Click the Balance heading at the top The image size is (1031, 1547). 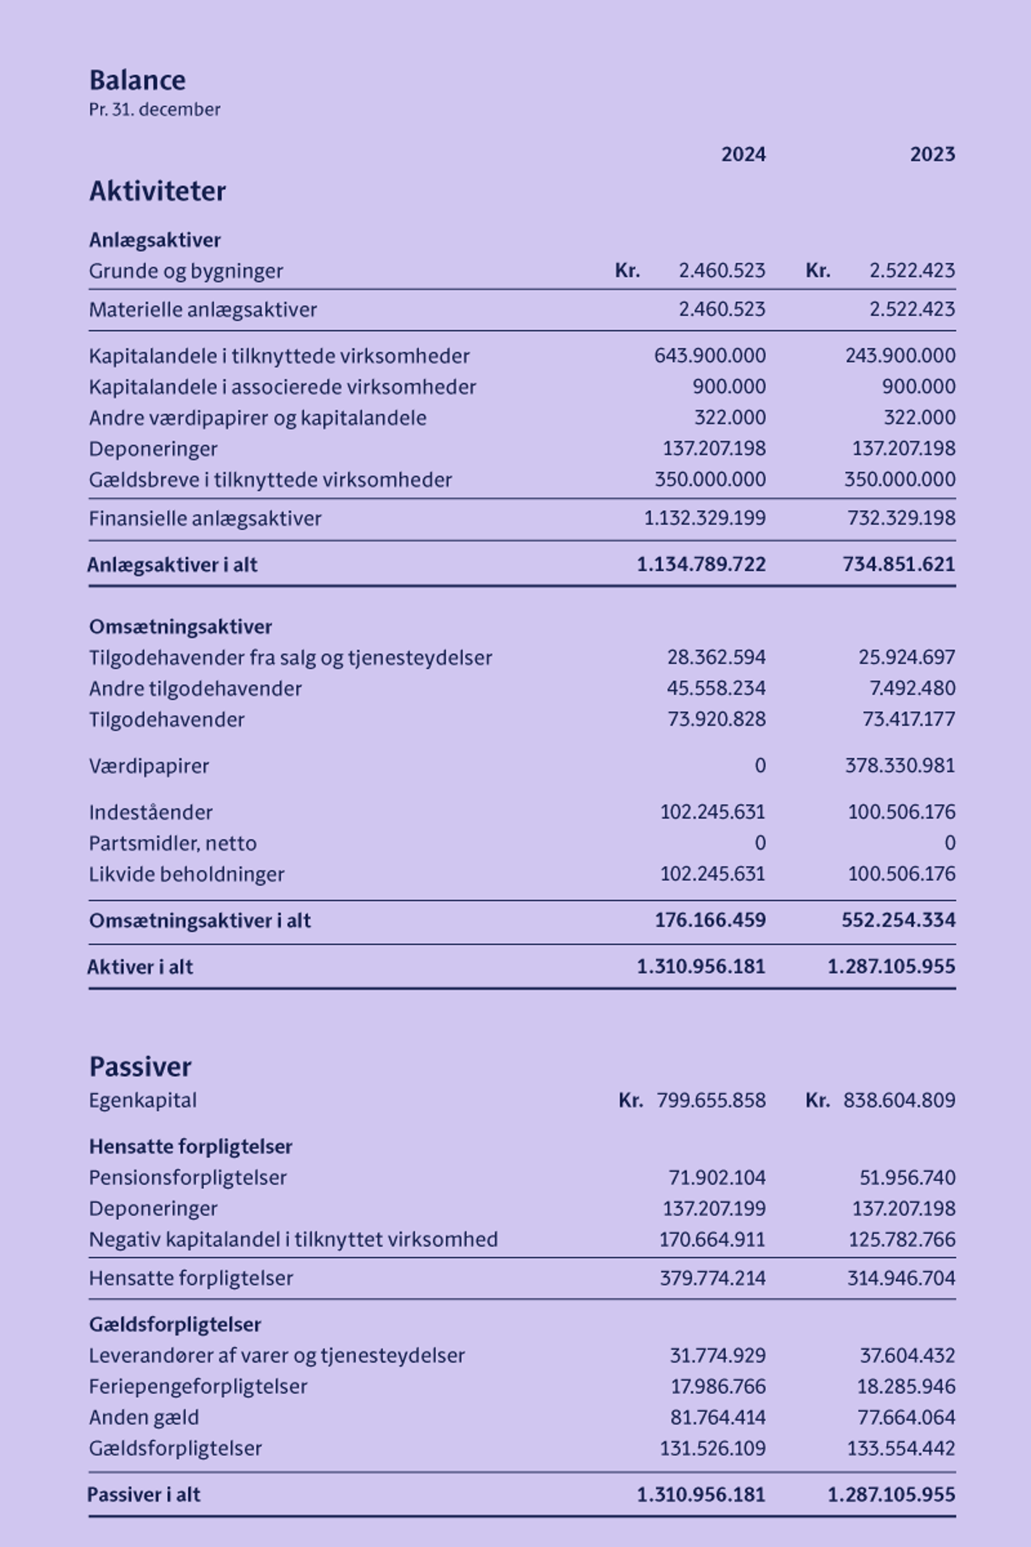click(x=137, y=80)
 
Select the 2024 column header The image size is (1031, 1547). click(x=743, y=154)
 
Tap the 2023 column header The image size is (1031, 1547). click(x=932, y=154)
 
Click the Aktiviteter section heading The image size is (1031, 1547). click(x=158, y=191)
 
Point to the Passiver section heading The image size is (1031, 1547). click(x=140, y=1067)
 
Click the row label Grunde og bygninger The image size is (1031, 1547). click(x=186, y=271)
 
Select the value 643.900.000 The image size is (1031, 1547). click(x=709, y=356)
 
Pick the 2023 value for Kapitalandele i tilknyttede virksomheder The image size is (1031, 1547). click(x=900, y=356)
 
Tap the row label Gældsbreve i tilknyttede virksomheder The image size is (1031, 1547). click(x=270, y=480)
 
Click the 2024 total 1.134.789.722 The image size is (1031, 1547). click(x=701, y=564)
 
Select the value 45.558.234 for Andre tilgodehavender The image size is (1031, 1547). click(x=716, y=689)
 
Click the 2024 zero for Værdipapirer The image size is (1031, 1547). click(x=759, y=766)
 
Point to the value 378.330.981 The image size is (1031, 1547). click(x=900, y=766)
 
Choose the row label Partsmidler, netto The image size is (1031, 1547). click(x=173, y=843)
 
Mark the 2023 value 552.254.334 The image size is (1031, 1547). click(x=898, y=920)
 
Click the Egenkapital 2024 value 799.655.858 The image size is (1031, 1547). click(x=711, y=1100)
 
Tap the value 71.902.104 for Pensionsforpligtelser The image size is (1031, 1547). click(x=717, y=1177)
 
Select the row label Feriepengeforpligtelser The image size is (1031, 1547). click(x=198, y=1386)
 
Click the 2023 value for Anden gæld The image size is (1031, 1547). click(x=906, y=1418)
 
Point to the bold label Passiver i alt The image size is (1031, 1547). click(x=144, y=1495)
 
